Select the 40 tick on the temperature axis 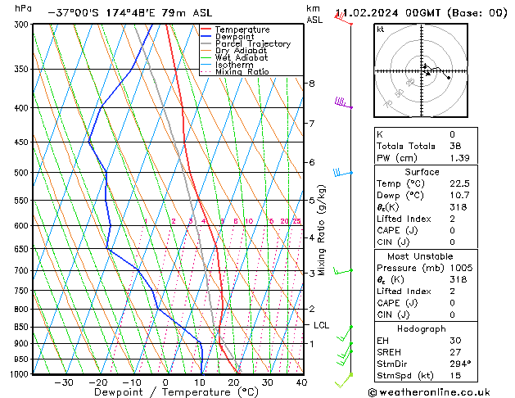pos(301,382)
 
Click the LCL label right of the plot pos(322,325)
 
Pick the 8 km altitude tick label pos(311,84)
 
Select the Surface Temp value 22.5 pos(455,184)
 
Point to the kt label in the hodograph pos(381,29)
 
